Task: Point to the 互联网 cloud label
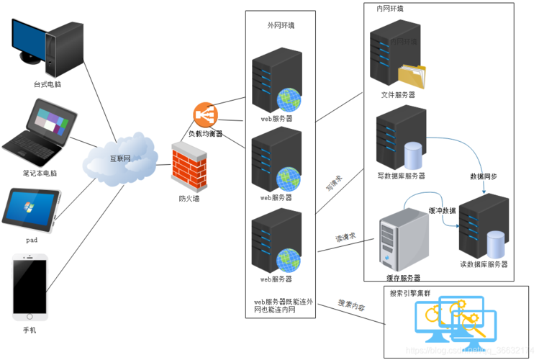click(119, 158)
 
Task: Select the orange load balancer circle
click(204, 115)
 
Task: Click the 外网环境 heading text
click(280, 25)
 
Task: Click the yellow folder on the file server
click(412, 76)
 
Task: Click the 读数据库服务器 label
click(484, 264)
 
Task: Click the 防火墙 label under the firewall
click(189, 198)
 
